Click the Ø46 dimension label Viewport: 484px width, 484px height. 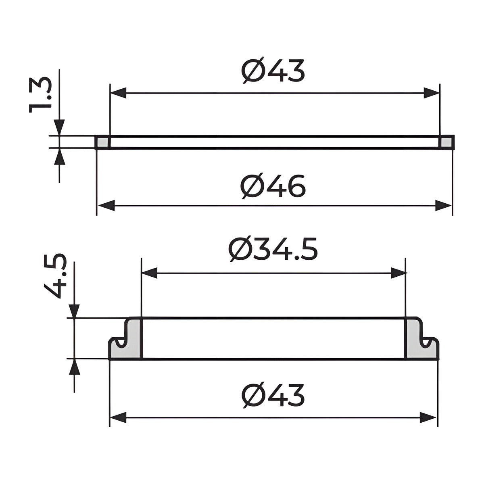[x=273, y=186]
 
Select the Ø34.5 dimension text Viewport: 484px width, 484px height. [x=273, y=249]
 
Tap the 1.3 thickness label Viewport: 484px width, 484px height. [x=40, y=95]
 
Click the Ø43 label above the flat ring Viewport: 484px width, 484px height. [x=273, y=70]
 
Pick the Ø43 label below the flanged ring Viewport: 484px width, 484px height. [x=273, y=395]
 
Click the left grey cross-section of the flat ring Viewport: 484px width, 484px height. [x=102, y=142]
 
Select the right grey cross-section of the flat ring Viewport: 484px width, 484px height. [x=446, y=142]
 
